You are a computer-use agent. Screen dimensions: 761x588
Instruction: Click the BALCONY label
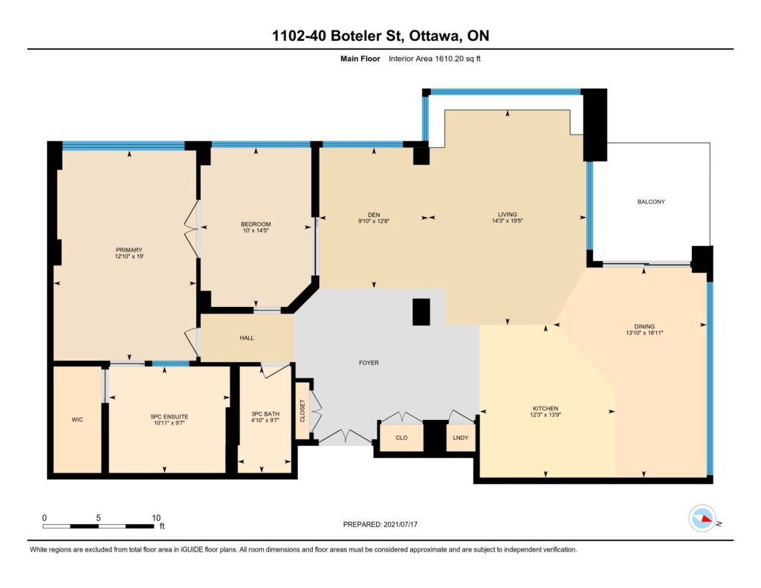[651, 201]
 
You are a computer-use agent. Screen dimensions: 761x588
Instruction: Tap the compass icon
[702, 519]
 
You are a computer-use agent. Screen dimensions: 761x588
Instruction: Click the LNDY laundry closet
[460, 438]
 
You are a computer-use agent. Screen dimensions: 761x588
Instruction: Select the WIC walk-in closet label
[77, 419]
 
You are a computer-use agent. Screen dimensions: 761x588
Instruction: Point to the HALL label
[247, 338]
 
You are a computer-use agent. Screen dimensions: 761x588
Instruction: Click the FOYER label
[369, 363]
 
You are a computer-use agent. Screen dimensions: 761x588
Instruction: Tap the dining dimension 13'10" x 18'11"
[644, 333]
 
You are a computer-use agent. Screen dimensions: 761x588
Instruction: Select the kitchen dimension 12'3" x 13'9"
[545, 415]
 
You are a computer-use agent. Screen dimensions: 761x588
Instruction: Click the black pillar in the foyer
[421, 311]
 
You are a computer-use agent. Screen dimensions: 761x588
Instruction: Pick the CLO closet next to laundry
[401, 438]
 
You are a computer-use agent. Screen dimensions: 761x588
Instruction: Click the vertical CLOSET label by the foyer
[302, 411]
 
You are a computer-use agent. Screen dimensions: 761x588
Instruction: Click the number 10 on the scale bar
[156, 517]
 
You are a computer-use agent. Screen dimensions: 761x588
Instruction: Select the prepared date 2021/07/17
[401, 524]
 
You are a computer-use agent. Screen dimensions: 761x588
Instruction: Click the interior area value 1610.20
[448, 59]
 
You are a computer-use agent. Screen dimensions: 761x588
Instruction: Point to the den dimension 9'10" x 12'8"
[374, 221]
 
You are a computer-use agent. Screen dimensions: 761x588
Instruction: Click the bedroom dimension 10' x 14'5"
[256, 230]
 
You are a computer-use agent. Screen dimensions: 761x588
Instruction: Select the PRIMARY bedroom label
[129, 250]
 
